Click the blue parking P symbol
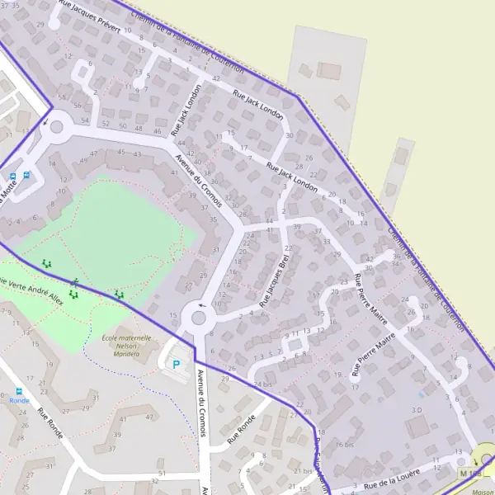[176, 363]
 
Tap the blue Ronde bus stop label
[18, 400]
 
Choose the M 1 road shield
[469, 473]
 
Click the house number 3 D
[417, 409]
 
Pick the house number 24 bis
[262, 384]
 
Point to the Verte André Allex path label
[31, 289]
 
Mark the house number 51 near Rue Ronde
[162, 473]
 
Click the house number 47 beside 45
[94, 154]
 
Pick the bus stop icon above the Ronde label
[18, 390]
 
